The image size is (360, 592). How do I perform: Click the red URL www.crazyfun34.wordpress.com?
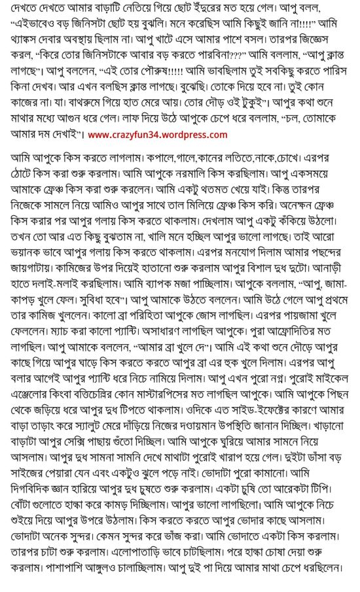157,135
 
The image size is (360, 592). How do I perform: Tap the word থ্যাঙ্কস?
26,42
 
